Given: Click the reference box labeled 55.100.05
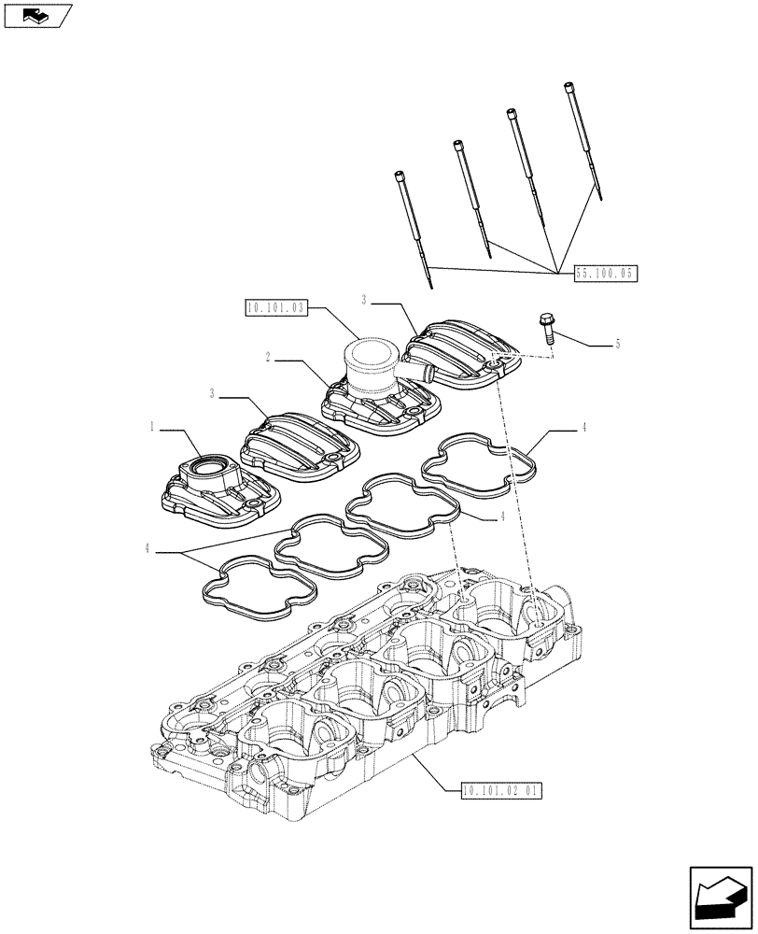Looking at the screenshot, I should click(605, 275).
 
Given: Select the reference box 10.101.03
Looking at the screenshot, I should click(275, 307).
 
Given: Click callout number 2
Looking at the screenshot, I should click(267, 358).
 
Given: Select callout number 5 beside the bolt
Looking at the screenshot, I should click(617, 345).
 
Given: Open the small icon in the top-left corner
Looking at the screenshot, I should click(37, 15).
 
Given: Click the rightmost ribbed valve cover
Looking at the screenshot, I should click(462, 354).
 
